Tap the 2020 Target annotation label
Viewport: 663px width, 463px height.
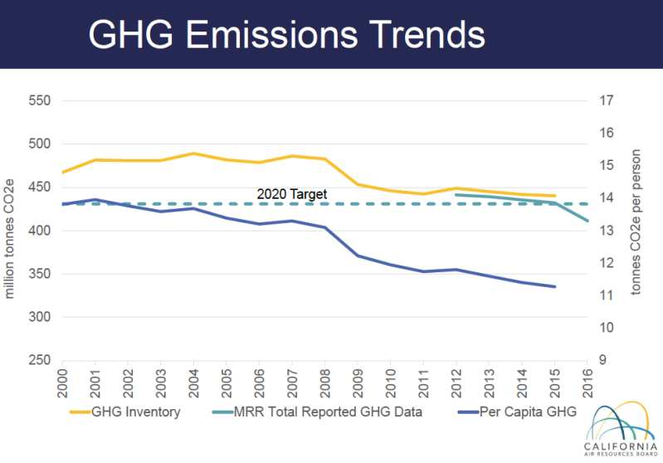coord(291,194)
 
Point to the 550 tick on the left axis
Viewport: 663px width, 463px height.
coord(40,101)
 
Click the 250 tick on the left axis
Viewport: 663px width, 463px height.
coord(40,361)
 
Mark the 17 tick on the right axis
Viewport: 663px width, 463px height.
coord(605,101)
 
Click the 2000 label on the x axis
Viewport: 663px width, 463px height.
coord(63,382)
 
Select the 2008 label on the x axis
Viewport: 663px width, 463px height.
coord(324,382)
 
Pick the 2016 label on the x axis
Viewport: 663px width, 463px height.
coord(587,382)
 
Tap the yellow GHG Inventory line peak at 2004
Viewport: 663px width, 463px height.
coord(193,154)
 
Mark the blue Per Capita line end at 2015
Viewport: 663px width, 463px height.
coord(554,286)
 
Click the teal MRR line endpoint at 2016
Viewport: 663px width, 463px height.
coord(587,221)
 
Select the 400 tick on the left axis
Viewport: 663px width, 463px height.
coord(40,231)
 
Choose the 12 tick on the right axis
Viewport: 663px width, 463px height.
coord(605,263)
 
